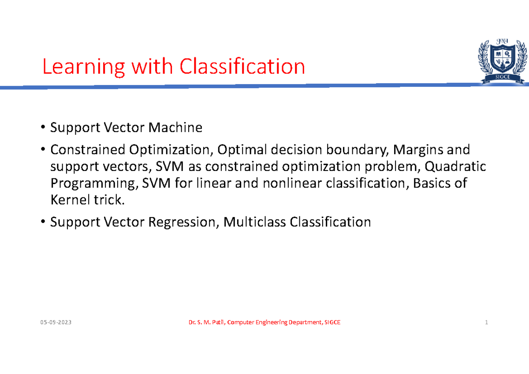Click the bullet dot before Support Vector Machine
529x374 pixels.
coord(43,128)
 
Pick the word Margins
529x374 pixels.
coord(418,150)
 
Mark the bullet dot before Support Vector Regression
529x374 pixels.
coord(43,222)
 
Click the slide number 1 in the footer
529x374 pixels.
coord(486,323)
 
